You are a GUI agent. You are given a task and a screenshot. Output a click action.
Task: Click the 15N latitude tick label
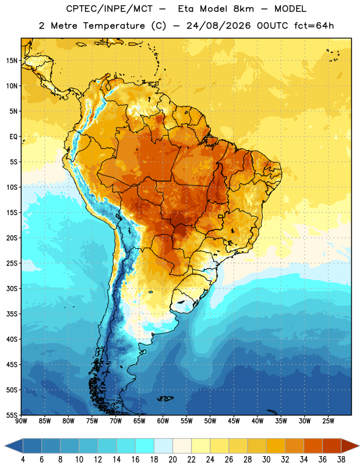pyautogui.click(x=12, y=61)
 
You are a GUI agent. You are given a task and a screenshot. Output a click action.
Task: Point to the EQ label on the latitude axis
pyautogui.click(x=13, y=137)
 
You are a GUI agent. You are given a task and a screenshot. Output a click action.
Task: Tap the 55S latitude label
pyautogui.click(x=12, y=415)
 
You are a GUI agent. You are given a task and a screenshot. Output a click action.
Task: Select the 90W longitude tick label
pyautogui.click(x=21, y=421)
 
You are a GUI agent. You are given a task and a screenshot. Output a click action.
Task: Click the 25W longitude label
pyautogui.click(x=328, y=421)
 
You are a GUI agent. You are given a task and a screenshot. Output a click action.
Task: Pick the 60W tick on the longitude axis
pyautogui.click(x=163, y=421)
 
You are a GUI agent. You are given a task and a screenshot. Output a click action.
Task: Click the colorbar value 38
pyautogui.click(x=341, y=460)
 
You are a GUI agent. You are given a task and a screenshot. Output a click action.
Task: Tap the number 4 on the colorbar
pyautogui.click(x=23, y=460)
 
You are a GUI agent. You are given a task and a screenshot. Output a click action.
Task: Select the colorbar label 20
pyautogui.click(x=172, y=460)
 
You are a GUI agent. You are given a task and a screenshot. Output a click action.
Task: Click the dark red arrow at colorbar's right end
pyautogui.click(x=350, y=446)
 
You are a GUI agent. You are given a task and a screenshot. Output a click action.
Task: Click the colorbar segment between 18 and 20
pyautogui.click(x=163, y=446)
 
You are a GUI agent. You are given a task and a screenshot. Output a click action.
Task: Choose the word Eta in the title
pyautogui.click(x=186, y=9)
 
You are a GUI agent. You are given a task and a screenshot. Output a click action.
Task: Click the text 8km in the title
pyautogui.click(x=243, y=9)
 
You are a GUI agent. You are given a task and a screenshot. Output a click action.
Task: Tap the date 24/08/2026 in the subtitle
pyautogui.click(x=218, y=26)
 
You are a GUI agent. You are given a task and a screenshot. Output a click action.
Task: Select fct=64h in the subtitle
pyautogui.click(x=314, y=26)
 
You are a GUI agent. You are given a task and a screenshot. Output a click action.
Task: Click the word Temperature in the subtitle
pyautogui.click(x=114, y=26)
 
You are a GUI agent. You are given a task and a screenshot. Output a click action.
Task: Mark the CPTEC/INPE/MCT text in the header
pyautogui.click(x=109, y=9)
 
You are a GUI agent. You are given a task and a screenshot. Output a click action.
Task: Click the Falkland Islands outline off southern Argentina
pyautogui.click(x=165, y=398)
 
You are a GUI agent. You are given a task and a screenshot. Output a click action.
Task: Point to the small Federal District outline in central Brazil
pyautogui.click(x=221, y=216)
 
